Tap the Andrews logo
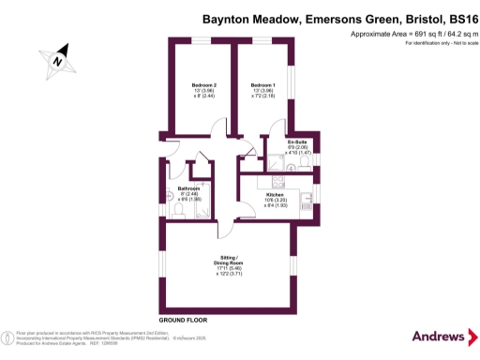[x=439, y=336]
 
